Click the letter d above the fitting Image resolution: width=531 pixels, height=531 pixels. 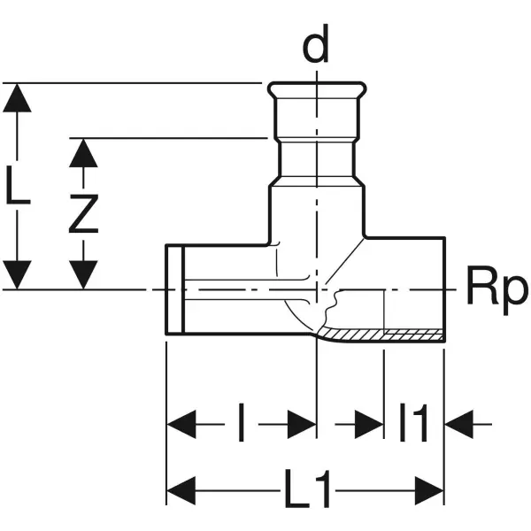pyautogui.click(x=315, y=49)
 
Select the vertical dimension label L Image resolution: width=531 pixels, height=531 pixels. pyautogui.click(x=18, y=188)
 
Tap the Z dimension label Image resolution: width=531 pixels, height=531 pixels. pyautogui.click(x=83, y=213)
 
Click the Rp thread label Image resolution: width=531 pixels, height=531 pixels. pyautogui.click(x=496, y=289)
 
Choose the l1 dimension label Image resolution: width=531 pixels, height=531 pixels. pyautogui.click(x=413, y=424)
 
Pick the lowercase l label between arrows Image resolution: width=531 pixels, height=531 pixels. pyautogui.click(x=241, y=425)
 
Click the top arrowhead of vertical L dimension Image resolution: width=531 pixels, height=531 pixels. pyautogui.click(x=18, y=98)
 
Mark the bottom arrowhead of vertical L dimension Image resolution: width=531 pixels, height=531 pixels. pyautogui.click(x=18, y=274)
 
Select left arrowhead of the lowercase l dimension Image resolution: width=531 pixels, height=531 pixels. pyautogui.click(x=182, y=424)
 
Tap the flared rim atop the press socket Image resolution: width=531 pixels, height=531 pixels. pyautogui.click(x=315, y=90)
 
